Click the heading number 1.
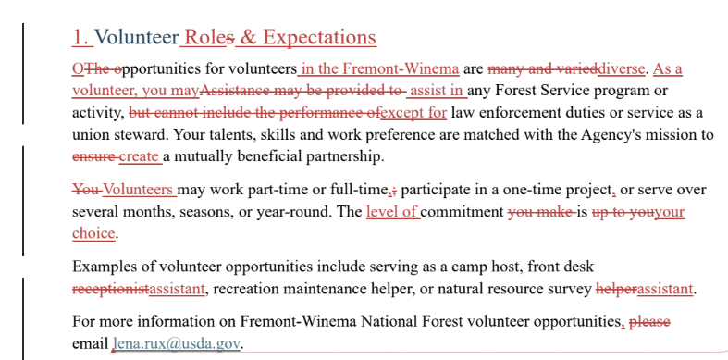(x=80, y=37)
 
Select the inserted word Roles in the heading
(x=205, y=37)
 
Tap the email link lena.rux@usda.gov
(x=177, y=344)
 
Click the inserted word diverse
(x=622, y=68)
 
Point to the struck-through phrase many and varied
(x=543, y=68)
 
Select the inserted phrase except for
(x=413, y=112)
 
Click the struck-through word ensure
(x=93, y=156)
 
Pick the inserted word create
(x=139, y=156)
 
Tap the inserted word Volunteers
(x=138, y=190)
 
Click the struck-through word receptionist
(x=110, y=289)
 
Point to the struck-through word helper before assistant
(x=616, y=289)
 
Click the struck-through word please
(x=649, y=321)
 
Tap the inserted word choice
(x=93, y=233)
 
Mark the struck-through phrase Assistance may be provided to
(x=302, y=91)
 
